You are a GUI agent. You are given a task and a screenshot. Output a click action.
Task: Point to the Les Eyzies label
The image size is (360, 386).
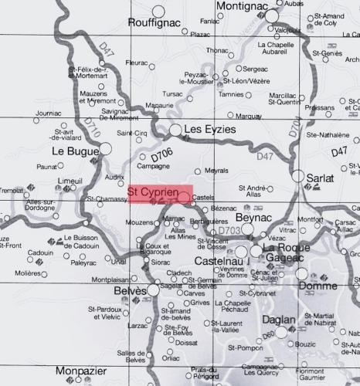pyautogui.click(x=212, y=130)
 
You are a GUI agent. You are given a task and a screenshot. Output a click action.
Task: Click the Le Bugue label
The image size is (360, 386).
pyautogui.click(x=71, y=151)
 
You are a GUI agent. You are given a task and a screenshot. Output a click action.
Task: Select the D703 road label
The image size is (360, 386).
pyautogui.click(x=230, y=232)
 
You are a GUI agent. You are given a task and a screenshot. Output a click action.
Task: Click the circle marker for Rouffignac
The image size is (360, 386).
pyautogui.click(x=158, y=12)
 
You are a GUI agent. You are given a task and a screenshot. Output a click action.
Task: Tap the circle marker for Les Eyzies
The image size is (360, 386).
pyautogui.click(x=176, y=130)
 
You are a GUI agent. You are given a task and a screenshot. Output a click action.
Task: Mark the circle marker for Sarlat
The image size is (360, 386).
pyautogui.click(x=298, y=177)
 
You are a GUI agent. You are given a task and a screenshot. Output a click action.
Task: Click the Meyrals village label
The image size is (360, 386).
pyautogui.click(x=216, y=170)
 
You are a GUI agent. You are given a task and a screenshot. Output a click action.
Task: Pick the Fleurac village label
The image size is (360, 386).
pyautogui.click(x=136, y=62)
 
